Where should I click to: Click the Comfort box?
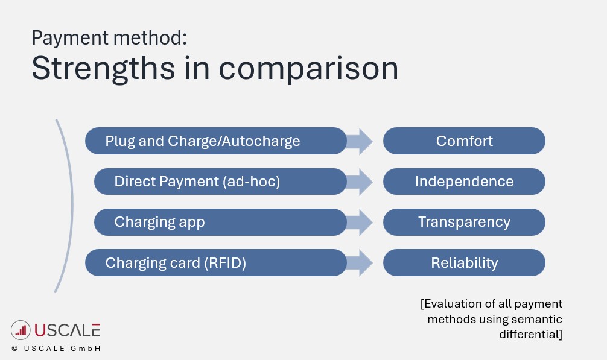[x=464, y=141]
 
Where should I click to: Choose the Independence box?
[x=464, y=182]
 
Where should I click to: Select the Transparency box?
[x=464, y=222]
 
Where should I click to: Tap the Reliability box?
[x=464, y=263]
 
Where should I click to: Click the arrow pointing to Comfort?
[x=361, y=141]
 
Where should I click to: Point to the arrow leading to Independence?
[x=361, y=182]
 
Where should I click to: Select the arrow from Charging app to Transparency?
[x=361, y=222]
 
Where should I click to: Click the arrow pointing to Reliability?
[x=361, y=263]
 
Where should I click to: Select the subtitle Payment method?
[x=109, y=38]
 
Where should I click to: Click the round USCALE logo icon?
[x=21, y=330]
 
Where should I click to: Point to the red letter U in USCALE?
[x=40, y=330]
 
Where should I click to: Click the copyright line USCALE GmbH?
[x=56, y=349]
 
